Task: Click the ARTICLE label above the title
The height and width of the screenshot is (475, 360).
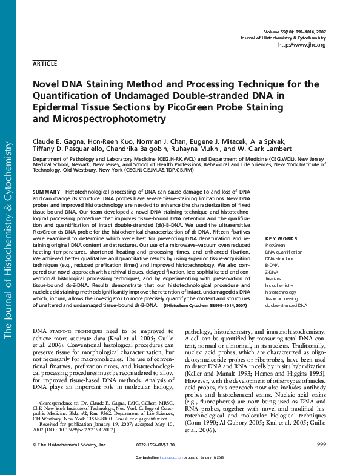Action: tap(45, 63)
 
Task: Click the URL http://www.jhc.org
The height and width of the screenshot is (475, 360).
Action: tap(301, 45)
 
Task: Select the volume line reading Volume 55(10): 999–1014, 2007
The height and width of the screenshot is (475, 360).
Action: tap(295, 32)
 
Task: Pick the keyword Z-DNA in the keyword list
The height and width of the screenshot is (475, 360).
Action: tap(272, 272)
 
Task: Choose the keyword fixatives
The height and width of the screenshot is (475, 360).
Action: tap(274, 278)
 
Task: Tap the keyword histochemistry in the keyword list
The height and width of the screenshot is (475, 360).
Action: tap(279, 285)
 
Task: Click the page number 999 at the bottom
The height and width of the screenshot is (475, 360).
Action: tap(321, 445)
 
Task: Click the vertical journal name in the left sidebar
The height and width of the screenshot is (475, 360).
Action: tap(9, 240)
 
